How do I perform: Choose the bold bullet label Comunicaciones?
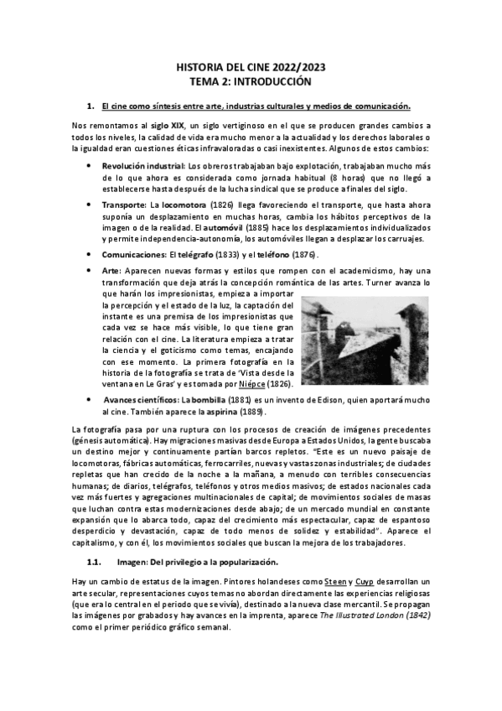(x=133, y=255)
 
